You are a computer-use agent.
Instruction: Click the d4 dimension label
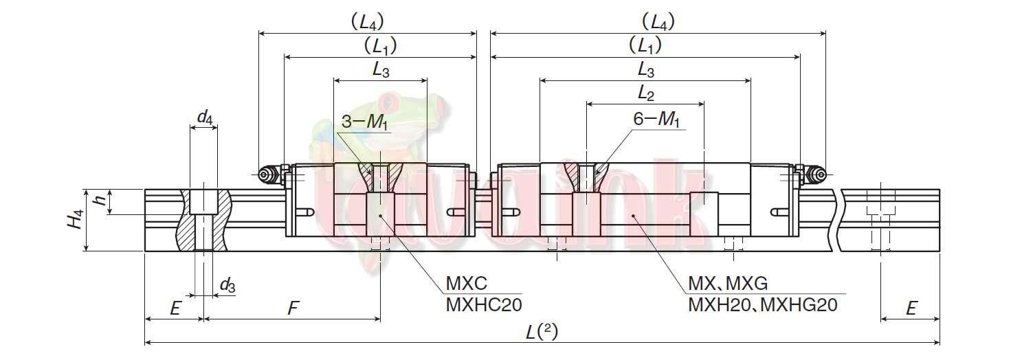click(x=204, y=117)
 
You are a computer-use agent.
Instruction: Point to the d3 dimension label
click(x=227, y=285)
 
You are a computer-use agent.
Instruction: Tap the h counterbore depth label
click(x=100, y=201)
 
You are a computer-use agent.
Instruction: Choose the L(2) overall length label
click(x=542, y=332)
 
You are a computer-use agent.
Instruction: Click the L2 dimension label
click(x=645, y=92)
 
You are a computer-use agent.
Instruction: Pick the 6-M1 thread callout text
click(x=656, y=119)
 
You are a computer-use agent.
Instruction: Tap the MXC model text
click(x=467, y=284)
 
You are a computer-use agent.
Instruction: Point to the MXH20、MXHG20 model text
click(x=762, y=304)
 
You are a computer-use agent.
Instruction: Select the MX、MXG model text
click(x=727, y=284)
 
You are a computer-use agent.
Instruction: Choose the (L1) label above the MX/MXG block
click(x=645, y=45)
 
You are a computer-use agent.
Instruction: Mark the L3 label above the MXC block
click(x=381, y=68)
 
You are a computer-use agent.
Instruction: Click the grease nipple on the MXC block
click(x=264, y=176)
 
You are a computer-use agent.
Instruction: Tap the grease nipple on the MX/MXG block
click(x=818, y=176)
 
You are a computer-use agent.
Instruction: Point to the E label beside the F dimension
click(x=175, y=308)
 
